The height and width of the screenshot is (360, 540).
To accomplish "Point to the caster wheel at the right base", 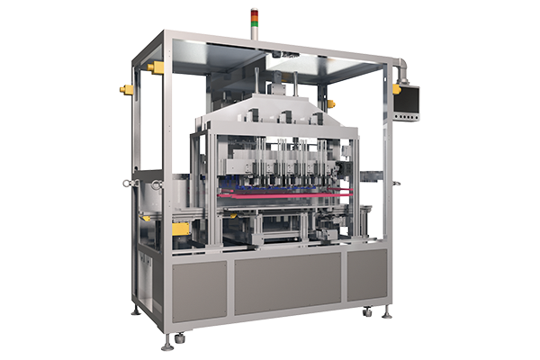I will click(368, 313).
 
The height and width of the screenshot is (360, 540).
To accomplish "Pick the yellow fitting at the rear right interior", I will click(330, 103).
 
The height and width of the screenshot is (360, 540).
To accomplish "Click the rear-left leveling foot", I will click(135, 310).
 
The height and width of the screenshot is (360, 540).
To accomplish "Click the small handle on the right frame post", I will click(396, 184).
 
